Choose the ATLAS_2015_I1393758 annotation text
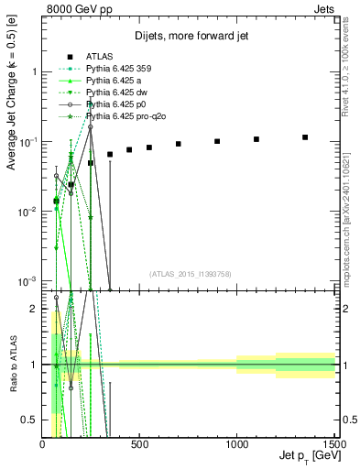(190, 272)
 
